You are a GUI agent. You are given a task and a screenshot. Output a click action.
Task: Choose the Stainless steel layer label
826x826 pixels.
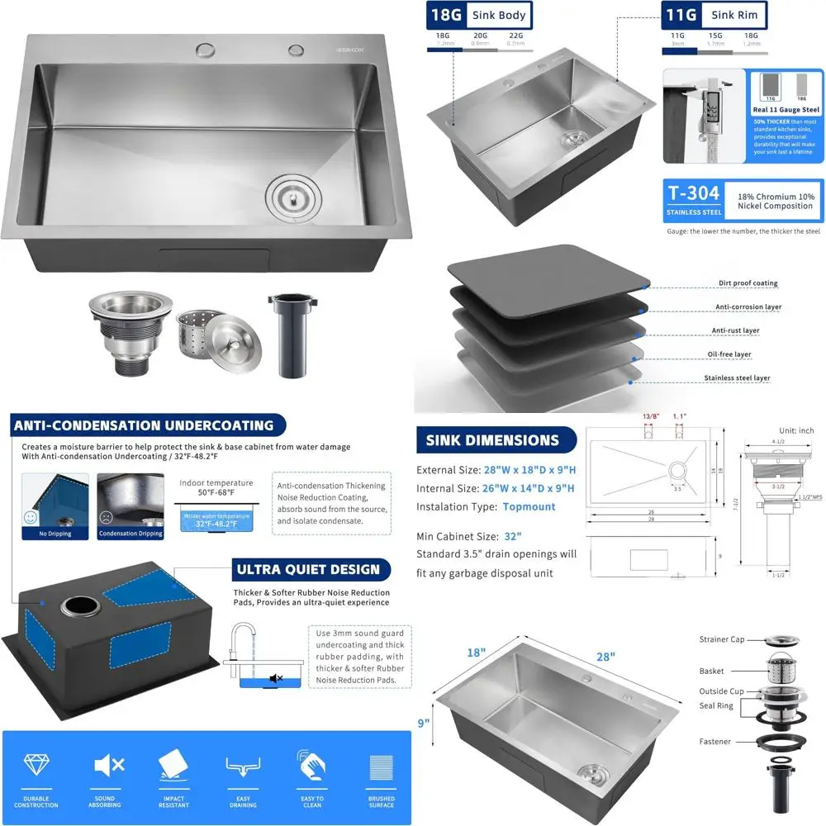click(737, 378)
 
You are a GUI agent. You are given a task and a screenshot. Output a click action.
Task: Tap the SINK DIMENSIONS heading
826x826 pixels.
click(492, 440)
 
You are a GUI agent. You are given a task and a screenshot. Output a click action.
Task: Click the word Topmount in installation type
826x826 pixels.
click(529, 506)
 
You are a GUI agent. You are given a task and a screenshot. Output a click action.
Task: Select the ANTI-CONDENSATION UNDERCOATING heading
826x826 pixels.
click(143, 426)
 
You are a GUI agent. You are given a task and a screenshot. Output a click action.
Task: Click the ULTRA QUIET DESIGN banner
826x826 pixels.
click(308, 569)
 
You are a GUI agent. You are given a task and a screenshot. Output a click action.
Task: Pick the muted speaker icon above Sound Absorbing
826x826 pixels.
click(105, 765)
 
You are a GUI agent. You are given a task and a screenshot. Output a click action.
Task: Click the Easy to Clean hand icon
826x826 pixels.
click(311, 765)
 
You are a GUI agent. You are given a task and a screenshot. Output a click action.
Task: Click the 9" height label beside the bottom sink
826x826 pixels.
click(423, 724)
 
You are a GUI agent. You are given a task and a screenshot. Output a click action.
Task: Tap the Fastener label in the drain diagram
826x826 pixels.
click(715, 742)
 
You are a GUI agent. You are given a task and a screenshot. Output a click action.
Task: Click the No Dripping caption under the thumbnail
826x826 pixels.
click(55, 534)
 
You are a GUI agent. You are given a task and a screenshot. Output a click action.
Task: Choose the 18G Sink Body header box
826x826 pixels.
click(479, 15)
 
